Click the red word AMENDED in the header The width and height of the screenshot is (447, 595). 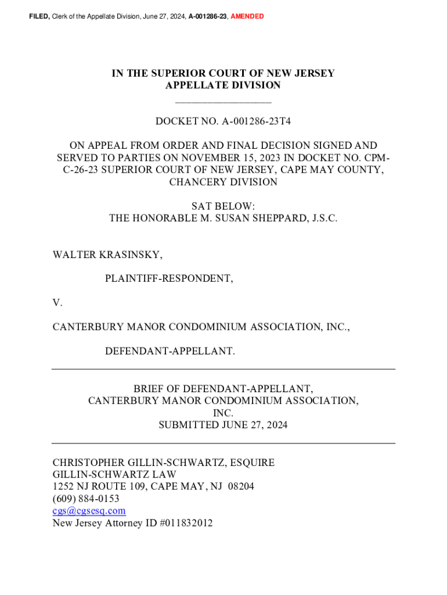pyautogui.click(x=247, y=16)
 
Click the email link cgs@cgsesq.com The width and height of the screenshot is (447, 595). pyautogui.click(x=89, y=511)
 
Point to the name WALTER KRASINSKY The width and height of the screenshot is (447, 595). pyautogui.click(x=107, y=255)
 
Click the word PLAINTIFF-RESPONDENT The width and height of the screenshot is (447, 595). pyautogui.click(x=169, y=278)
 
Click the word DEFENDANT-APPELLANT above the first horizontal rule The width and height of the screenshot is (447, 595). pyautogui.click(x=170, y=351)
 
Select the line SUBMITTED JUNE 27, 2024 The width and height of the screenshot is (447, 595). pyautogui.click(x=223, y=425)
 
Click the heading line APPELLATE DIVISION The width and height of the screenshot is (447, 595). pyautogui.click(x=223, y=85)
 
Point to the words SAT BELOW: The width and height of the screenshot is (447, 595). pyautogui.click(x=223, y=206)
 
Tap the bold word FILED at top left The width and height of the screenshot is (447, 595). pyautogui.click(x=39, y=16)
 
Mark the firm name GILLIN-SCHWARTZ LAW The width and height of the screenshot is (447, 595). pyautogui.click(x=114, y=474)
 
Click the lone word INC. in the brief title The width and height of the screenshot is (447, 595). pyautogui.click(x=223, y=413)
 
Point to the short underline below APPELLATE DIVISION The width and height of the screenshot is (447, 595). pyautogui.click(x=223, y=102)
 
